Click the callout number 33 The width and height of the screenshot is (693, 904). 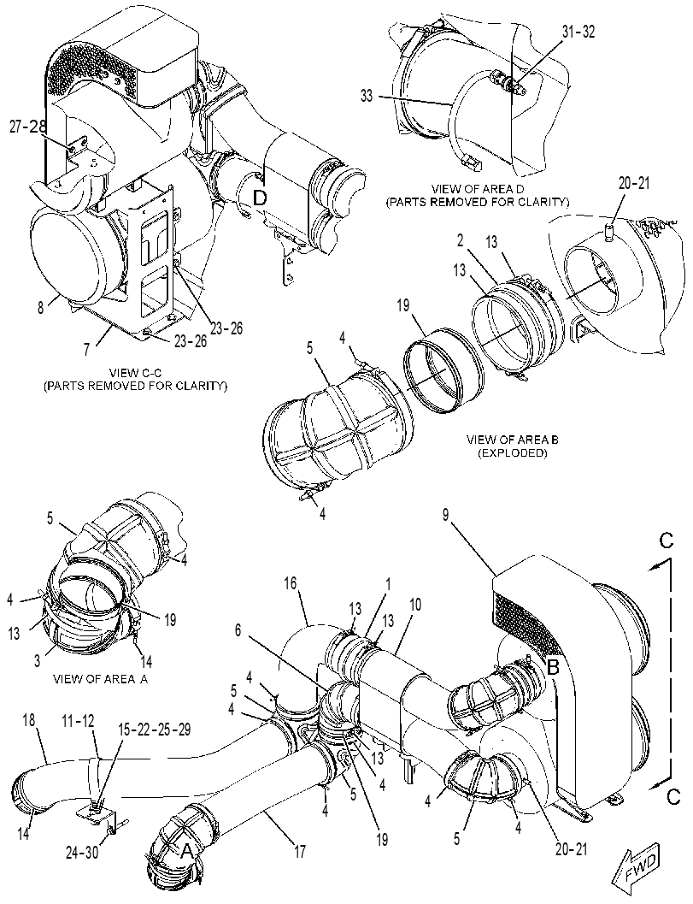tap(367, 96)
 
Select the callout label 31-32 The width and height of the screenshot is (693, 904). tap(578, 32)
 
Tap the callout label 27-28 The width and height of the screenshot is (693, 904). tap(27, 127)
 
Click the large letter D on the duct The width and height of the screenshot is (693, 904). tap(261, 198)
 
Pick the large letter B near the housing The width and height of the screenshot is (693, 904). tap(553, 668)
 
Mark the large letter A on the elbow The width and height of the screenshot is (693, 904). tap(186, 851)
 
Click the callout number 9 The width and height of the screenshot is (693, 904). tap(446, 514)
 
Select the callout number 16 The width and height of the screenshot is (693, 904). tap(291, 583)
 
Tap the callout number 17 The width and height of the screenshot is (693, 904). tap(300, 851)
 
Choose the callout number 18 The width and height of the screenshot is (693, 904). tap(29, 720)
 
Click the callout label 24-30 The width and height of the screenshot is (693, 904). tap(81, 852)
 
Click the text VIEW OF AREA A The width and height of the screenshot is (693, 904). tap(100, 679)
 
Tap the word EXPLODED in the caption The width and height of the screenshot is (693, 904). tap(512, 453)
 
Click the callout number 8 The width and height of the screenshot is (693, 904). tap(40, 307)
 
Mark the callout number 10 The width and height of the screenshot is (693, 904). tap(415, 604)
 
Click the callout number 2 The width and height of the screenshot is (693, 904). tap(461, 240)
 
